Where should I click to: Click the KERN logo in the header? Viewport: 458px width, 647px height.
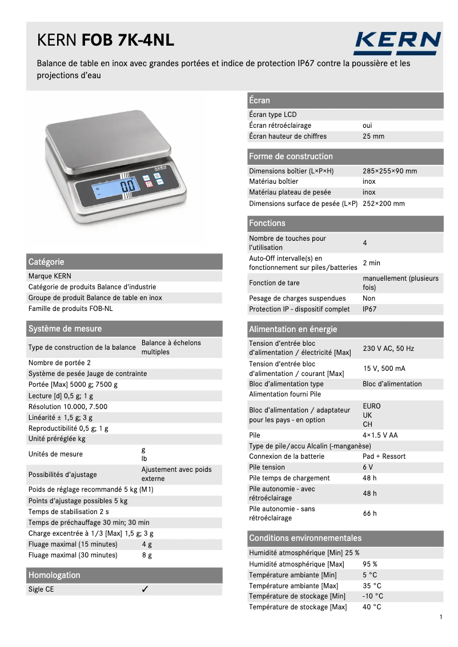(x=397, y=43)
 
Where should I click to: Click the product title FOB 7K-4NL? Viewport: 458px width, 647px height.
(x=128, y=41)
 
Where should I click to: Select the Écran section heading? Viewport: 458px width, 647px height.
(x=260, y=100)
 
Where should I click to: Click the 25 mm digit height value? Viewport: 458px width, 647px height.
(x=373, y=136)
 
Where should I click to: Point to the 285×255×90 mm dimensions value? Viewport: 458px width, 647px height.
(x=389, y=171)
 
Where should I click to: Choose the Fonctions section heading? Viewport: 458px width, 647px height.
(x=267, y=223)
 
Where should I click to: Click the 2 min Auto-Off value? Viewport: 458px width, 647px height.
(x=371, y=263)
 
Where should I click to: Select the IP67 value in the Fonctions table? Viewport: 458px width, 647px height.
(x=369, y=309)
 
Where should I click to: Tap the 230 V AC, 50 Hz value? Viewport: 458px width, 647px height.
(x=388, y=349)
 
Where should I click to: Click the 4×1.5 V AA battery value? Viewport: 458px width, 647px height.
(x=380, y=435)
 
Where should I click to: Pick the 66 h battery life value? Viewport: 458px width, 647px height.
(x=369, y=513)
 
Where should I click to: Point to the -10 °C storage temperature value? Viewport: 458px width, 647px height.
(x=373, y=596)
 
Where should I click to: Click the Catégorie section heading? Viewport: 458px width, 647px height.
(x=46, y=262)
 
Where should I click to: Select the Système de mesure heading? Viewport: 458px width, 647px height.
(x=65, y=329)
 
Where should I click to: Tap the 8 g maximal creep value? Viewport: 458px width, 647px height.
(x=147, y=555)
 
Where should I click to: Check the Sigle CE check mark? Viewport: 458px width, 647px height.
(x=145, y=589)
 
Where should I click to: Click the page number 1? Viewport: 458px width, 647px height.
(x=441, y=617)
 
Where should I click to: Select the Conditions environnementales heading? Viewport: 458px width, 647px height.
(x=305, y=538)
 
